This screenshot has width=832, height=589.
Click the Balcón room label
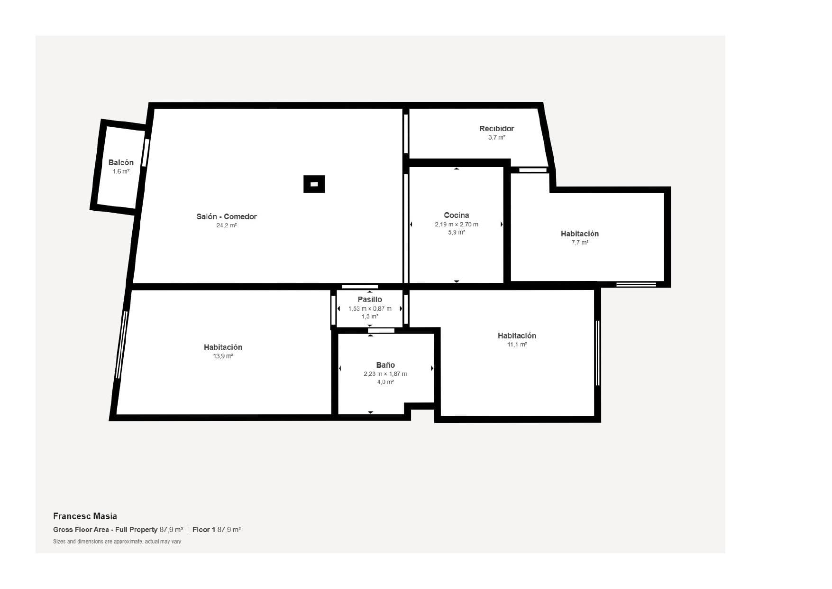pyautogui.click(x=121, y=162)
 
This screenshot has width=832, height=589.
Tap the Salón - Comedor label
pyautogui.click(x=227, y=216)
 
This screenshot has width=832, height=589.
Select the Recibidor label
pyautogui.click(x=496, y=128)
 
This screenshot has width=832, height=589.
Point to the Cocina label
pyautogui.click(x=456, y=215)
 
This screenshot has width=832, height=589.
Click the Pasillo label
pyautogui.click(x=370, y=299)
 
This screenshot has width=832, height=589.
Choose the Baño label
pyautogui.click(x=385, y=365)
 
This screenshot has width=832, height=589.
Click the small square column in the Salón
pyautogui.click(x=314, y=184)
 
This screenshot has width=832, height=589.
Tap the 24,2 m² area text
pyautogui.click(x=227, y=225)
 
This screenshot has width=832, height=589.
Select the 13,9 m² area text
pyautogui.click(x=223, y=356)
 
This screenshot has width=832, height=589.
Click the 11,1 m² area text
pyautogui.click(x=517, y=345)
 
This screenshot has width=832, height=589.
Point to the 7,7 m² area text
pyautogui.click(x=580, y=243)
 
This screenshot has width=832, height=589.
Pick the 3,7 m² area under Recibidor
pyautogui.click(x=496, y=138)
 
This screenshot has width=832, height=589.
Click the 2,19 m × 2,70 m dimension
pyautogui.click(x=456, y=224)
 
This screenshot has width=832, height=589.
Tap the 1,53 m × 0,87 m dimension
pyautogui.click(x=370, y=309)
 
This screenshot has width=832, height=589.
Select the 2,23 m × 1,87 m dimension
pyautogui.click(x=385, y=374)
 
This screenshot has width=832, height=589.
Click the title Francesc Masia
pyautogui.click(x=85, y=516)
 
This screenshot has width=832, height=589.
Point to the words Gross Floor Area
pyautogui.click(x=81, y=530)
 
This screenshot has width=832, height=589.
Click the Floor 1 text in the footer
pyautogui.click(x=204, y=530)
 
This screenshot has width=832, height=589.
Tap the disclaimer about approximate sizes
pyautogui.click(x=117, y=542)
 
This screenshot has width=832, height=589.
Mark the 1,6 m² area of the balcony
pyautogui.click(x=121, y=171)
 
